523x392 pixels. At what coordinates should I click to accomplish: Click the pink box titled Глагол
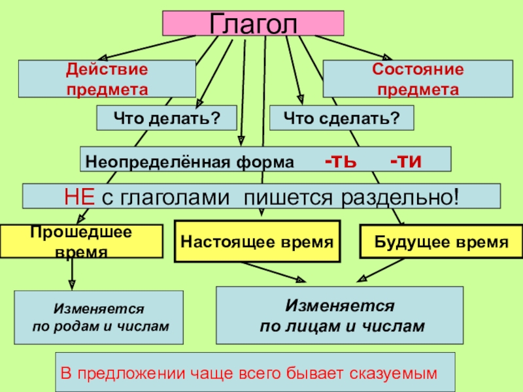coord(253,23)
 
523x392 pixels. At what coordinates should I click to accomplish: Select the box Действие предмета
coord(107,79)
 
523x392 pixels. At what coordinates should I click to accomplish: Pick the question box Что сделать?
coord(341,118)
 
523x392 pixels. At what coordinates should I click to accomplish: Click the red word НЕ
coord(79,196)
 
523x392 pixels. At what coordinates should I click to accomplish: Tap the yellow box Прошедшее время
coord(81,241)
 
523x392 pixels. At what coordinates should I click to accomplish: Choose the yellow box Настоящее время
coord(257,242)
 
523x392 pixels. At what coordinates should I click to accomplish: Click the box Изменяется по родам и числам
coord(99,316)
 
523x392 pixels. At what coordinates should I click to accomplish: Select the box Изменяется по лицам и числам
coord(339,315)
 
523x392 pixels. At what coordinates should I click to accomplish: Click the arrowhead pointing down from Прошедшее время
coord(72,285)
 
